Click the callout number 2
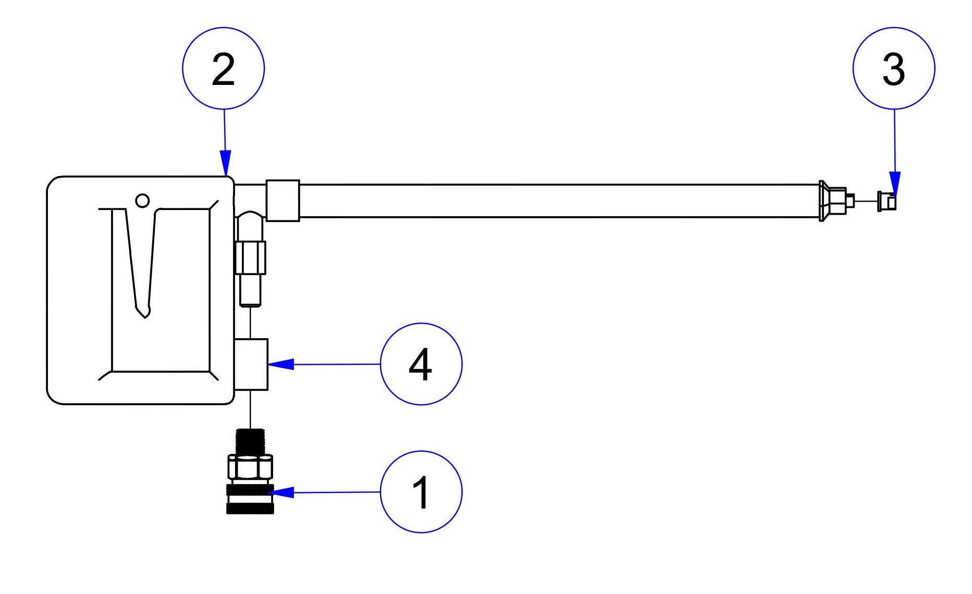click(x=223, y=69)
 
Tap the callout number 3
click(x=893, y=69)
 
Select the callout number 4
click(x=421, y=364)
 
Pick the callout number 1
click(x=421, y=492)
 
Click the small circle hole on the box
click(x=142, y=201)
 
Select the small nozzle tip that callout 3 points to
click(x=887, y=201)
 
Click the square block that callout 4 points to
click(x=251, y=364)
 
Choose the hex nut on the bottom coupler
click(x=250, y=467)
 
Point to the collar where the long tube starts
click(x=282, y=201)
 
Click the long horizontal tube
click(x=558, y=201)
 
